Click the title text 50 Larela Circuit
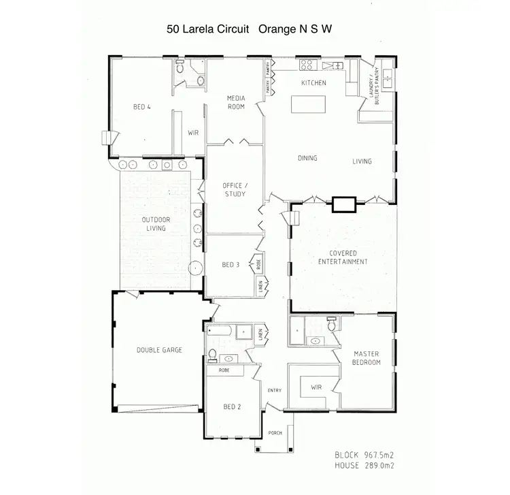coord(210,30)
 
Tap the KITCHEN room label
coord(314,83)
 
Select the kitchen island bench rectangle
coord(308,105)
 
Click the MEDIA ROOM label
coord(235,102)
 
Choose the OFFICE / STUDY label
coord(233,189)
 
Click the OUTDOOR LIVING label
coord(156,224)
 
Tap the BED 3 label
coord(231,264)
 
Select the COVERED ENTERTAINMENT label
coord(343,257)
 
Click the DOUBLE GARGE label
coord(159,351)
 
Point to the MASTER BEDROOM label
coord(367,358)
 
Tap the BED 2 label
coord(231,406)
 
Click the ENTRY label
coord(275,390)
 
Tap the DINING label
coord(307,158)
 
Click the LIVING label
coord(362,161)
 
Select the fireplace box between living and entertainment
coord(343,203)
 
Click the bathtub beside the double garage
coord(222,333)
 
